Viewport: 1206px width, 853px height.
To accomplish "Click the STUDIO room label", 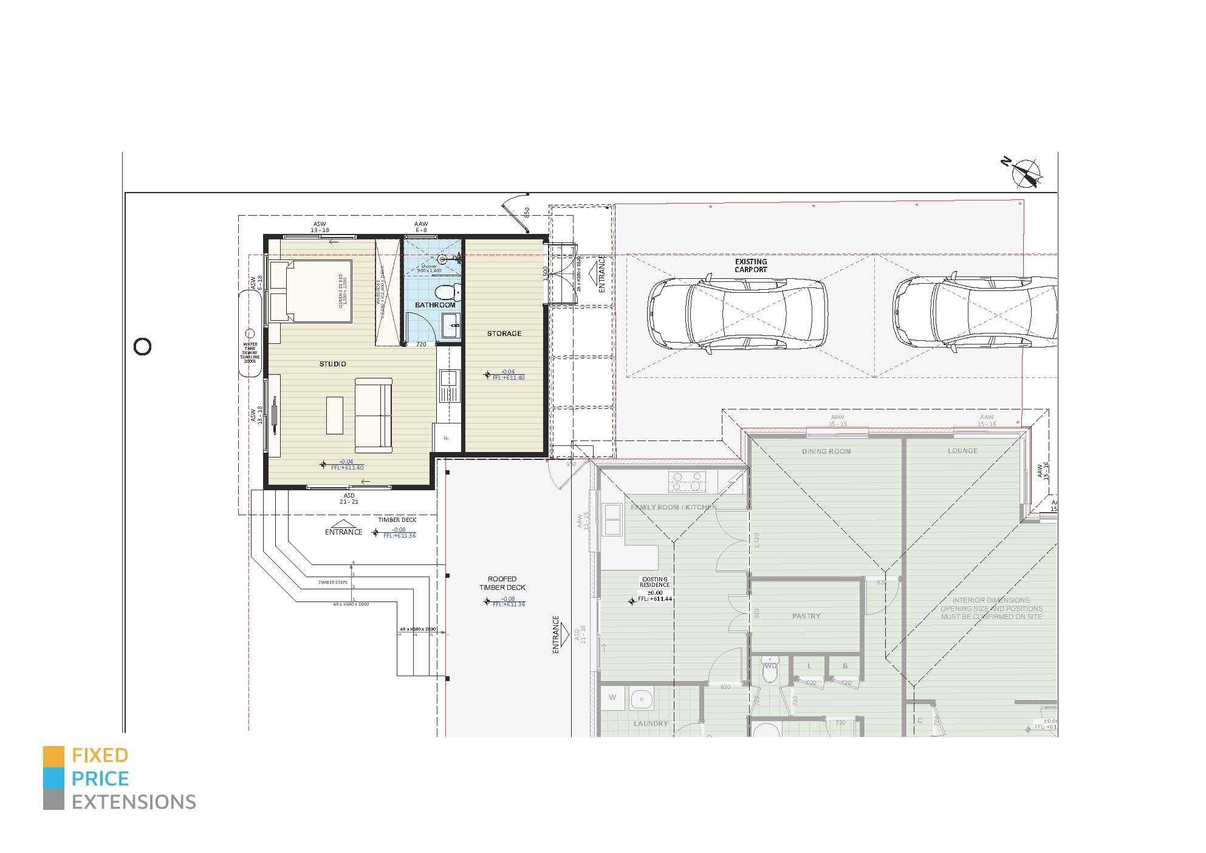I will click(332, 364).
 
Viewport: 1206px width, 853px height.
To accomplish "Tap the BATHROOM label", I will click(435, 305).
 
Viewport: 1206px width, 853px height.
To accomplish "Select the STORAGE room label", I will click(504, 334).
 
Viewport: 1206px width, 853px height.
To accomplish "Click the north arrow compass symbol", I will click(1026, 173).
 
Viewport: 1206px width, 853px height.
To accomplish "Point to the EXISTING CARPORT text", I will click(750, 265).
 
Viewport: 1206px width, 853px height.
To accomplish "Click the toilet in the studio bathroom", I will click(447, 292).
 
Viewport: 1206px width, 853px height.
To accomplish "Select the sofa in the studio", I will click(373, 415).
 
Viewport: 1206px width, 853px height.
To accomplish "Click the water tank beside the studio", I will click(250, 334).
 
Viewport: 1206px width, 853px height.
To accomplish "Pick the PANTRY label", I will click(806, 616).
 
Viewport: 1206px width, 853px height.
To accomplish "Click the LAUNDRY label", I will click(650, 724).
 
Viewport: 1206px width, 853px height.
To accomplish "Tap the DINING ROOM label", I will click(826, 451).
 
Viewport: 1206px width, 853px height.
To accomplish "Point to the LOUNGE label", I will click(962, 451).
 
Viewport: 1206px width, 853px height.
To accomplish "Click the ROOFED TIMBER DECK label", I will click(502, 583).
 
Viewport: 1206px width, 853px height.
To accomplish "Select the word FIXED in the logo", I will click(100, 756).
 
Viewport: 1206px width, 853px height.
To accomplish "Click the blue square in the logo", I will click(53, 779).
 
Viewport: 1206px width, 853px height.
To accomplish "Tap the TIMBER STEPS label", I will click(332, 583).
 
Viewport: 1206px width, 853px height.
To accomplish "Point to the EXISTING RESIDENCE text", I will click(654, 582).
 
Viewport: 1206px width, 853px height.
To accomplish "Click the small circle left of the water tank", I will click(142, 347).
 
